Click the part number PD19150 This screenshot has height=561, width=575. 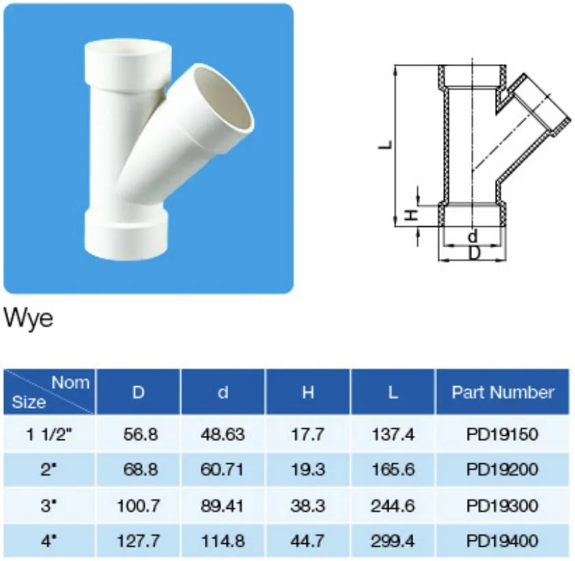503,434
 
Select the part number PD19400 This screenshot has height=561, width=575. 503,541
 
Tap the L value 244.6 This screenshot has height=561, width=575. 393,506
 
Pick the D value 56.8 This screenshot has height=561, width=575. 138,434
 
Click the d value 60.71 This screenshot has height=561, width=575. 223,469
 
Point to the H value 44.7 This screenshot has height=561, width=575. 308,541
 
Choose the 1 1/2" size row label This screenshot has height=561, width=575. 49,434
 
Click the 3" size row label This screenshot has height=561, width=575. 49,506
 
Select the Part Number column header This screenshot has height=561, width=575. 503,392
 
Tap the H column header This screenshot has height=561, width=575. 308,392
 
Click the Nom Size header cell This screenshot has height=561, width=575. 50,392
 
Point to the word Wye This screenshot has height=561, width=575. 28,318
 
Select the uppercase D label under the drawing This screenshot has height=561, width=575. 473,253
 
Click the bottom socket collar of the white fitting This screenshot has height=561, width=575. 126,232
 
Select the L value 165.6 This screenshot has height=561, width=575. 393,469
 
